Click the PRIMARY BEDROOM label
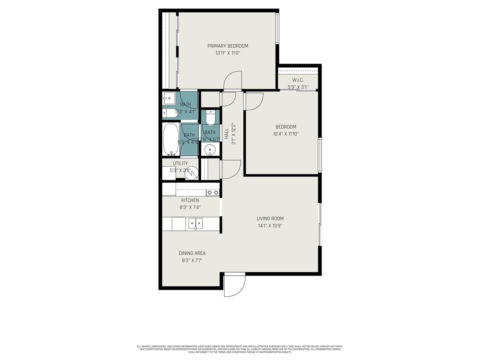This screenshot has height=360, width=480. [x=228, y=46]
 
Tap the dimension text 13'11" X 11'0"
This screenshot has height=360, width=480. [x=228, y=53]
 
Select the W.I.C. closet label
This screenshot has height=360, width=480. [x=298, y=80]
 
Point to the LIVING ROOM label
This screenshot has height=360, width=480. [x=270, y=219]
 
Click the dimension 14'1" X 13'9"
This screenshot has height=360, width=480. [x=270, y=226]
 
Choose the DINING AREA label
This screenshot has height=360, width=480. [x=192, y=253]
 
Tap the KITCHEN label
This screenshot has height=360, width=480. [x=190, y=200]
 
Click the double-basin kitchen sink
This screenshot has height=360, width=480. [x=195, y=224]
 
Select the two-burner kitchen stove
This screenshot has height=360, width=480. [x=212, y=192]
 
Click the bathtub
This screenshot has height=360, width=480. [x=171, y=139]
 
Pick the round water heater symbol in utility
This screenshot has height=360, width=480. [x=190, y=173]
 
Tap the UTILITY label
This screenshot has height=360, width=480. [x=180, y=163]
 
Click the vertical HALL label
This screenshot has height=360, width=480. [x=226, y=134]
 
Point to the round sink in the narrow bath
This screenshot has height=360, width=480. [x=210, y=150]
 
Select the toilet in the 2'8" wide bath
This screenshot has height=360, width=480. [x=210, y=118]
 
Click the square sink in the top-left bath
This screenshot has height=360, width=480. [x=168, y=99]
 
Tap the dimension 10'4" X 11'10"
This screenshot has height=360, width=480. [x=286, y=134]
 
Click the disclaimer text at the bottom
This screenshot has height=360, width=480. [x=240, y=349]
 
